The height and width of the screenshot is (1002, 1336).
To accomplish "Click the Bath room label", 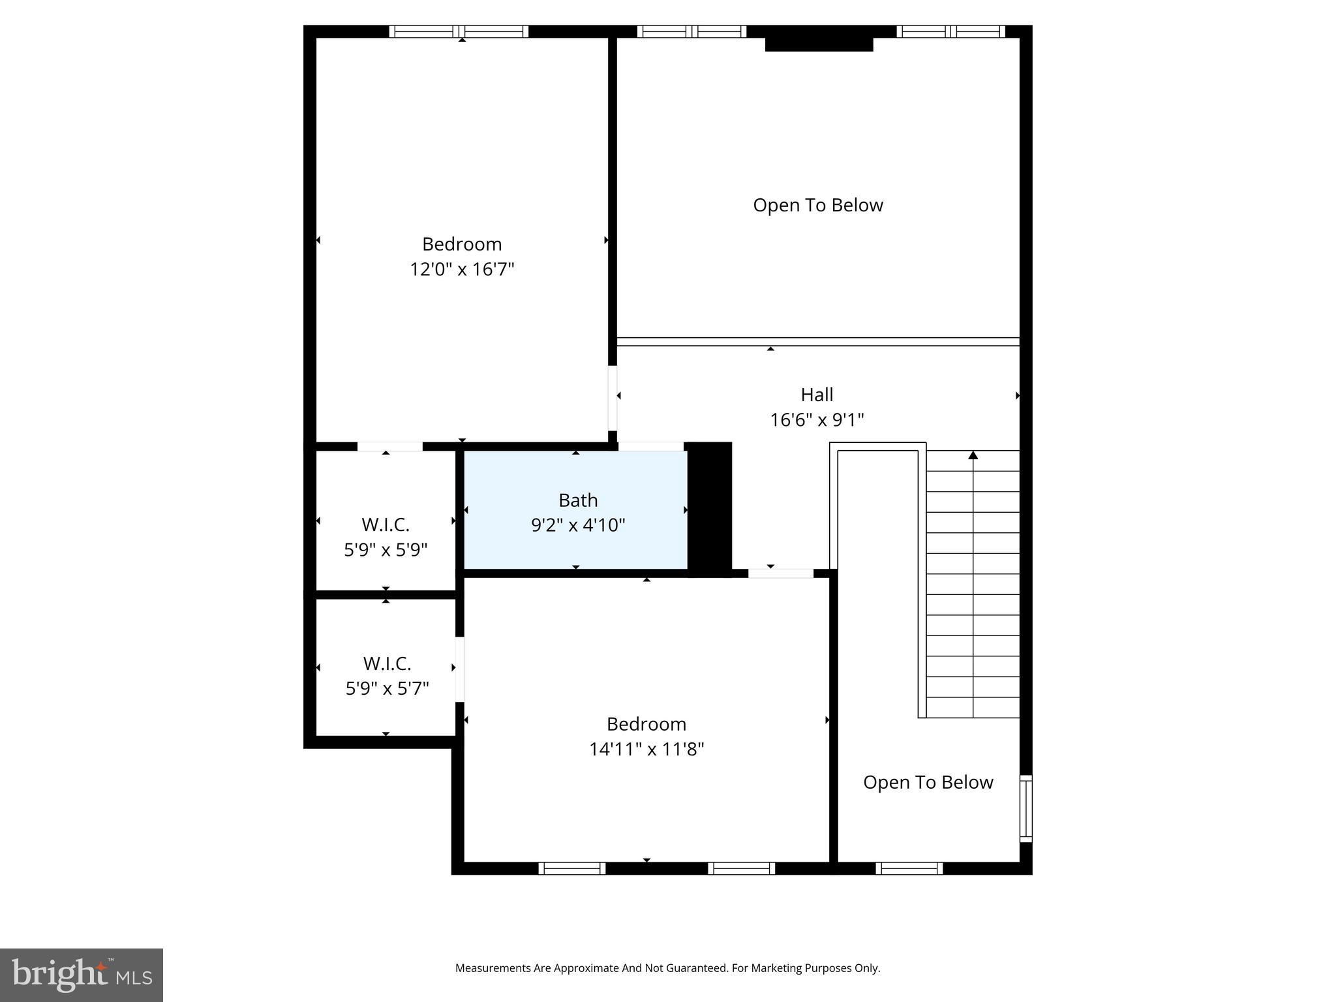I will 578,500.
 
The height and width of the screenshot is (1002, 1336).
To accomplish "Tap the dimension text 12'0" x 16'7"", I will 462,269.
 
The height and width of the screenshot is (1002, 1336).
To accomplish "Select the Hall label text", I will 817,395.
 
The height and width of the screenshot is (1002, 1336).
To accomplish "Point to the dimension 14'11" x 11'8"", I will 646,749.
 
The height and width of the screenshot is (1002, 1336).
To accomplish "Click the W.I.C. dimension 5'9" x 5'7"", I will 387,688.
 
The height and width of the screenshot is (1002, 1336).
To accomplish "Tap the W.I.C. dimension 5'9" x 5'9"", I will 386,549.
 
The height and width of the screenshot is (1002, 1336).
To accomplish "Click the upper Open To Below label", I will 817,205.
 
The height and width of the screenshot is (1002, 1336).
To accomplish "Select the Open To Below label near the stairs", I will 928,782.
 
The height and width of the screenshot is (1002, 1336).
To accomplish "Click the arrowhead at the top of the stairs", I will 973,455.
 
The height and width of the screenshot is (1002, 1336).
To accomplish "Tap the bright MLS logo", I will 82,975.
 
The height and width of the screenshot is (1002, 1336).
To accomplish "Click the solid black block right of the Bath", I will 710,509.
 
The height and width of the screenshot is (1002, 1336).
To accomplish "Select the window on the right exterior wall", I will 1025,808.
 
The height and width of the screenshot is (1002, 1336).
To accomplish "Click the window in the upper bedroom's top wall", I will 459,31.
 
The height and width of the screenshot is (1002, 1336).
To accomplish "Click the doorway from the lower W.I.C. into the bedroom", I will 460,669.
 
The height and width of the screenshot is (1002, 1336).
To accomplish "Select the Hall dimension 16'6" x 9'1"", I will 817,419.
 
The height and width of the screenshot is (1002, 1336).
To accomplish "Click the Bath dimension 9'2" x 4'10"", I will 578,525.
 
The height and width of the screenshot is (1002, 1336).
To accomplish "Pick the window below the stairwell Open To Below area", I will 909,868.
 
